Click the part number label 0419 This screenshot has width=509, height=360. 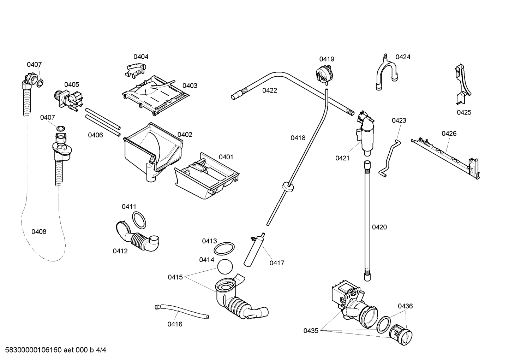pos(327,59)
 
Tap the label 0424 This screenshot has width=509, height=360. pos(403,57)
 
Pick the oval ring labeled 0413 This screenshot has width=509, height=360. pos(224,248)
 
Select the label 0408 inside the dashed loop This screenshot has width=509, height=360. pos(39,232)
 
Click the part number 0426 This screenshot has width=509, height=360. pos(449,133)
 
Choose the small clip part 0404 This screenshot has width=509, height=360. pos(135,69)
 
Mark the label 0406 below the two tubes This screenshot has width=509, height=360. pos(95,135)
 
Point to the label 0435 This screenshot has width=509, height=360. pos(311,331)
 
